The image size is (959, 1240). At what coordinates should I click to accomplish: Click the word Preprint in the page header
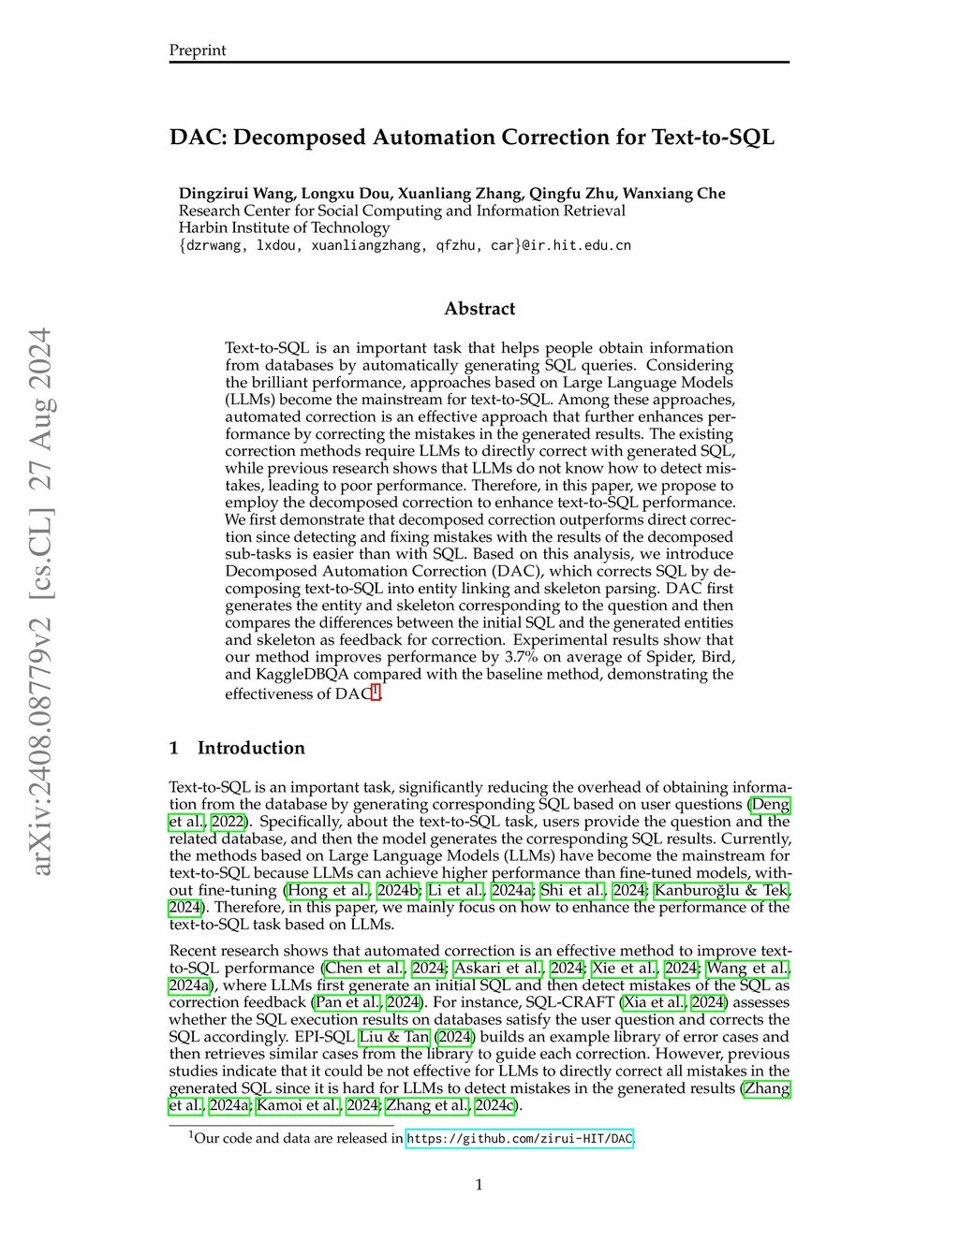point(197,51)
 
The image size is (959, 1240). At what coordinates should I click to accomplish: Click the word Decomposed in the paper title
point(299,138)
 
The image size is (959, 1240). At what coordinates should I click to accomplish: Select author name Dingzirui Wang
point(236,194)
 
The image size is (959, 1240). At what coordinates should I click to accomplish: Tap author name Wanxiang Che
point(673,194)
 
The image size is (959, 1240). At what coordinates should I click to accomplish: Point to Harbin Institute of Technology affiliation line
point(284,227)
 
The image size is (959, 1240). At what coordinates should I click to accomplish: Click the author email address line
point(405,245)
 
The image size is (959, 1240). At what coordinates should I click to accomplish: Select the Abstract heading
point(479,309)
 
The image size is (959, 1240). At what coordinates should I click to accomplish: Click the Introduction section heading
point(250,748)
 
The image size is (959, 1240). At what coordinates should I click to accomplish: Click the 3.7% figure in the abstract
point(521,657)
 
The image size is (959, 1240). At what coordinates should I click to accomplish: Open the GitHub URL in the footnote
point(519,1139)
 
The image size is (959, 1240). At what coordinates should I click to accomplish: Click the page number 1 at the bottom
point(479,1185)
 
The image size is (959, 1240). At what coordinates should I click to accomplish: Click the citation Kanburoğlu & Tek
point(721,890)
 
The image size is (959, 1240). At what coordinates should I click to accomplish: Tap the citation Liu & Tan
point(394,1037)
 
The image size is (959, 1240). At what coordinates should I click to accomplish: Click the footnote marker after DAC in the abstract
point(376,692)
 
